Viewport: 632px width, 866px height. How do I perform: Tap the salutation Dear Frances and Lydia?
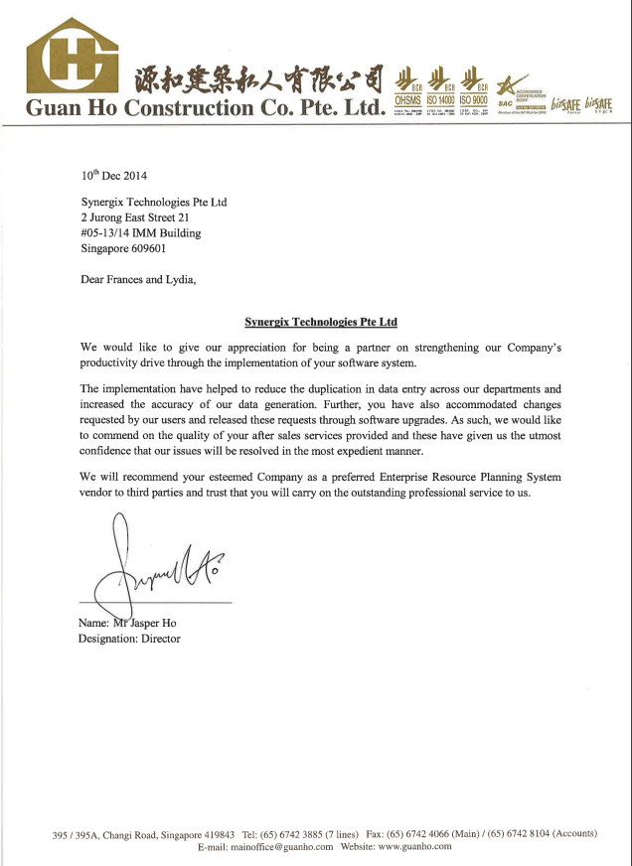(138, 279)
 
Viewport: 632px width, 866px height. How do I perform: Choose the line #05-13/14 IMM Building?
(140, 233)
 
